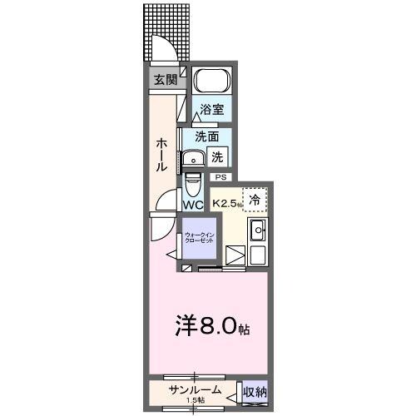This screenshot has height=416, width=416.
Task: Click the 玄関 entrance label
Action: pyautogui.click(x=165, y=80)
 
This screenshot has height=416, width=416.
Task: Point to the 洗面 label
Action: pyautogui.click(x=207, y=136)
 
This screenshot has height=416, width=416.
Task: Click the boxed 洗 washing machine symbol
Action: pyautogui.click(x=218, y=156)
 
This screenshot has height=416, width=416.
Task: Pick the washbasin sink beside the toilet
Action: pyautogui.click(x=196, y=160)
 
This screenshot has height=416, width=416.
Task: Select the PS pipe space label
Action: pyautogui.click(x=221, y=176)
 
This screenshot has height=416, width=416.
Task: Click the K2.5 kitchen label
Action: pyautogui.click(x=226, y=202)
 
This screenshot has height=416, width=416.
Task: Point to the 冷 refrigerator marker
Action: pyautogui.click(x=255, y=199)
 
